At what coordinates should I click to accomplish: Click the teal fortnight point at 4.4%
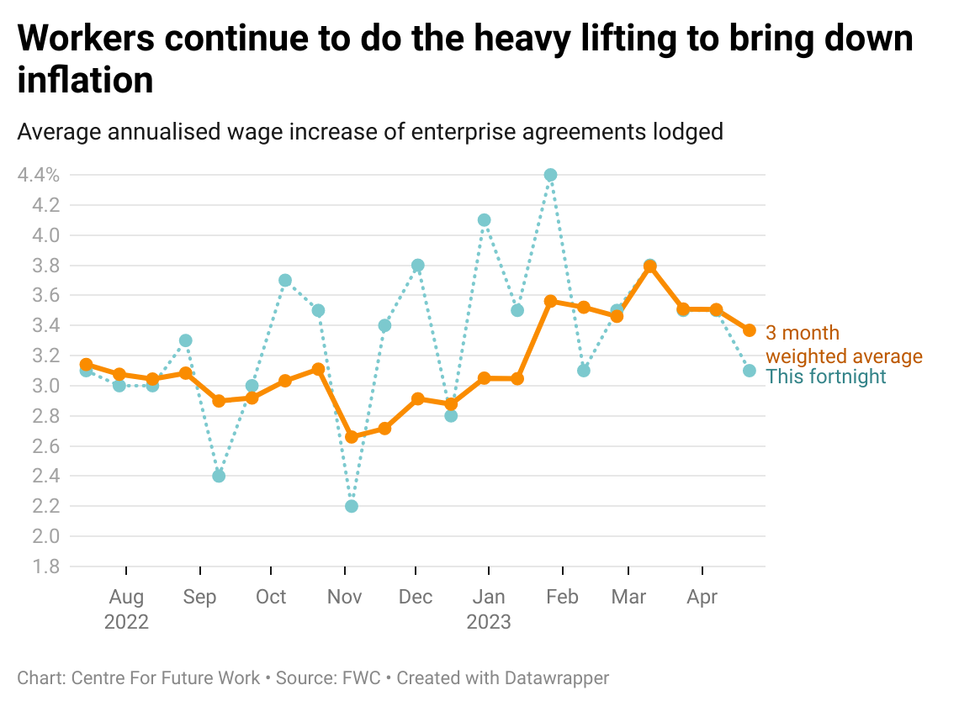click(550, 175)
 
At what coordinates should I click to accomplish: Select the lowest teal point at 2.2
click(352, 506)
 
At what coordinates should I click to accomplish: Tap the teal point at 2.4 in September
click(219, 476)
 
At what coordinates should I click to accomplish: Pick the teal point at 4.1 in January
click(484, 220)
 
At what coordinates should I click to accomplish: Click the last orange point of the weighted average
click(749, 330)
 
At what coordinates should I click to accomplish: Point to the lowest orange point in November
click(352, 437)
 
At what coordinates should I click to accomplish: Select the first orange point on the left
click(86, 365)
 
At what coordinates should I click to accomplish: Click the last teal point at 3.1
click(749, 371)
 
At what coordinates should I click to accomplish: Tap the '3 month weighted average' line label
click(843, 345)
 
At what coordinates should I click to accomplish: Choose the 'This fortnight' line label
click(826, 377)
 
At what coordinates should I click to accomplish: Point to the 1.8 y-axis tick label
click(45, 566)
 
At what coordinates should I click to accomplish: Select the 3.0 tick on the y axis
click(45, 386)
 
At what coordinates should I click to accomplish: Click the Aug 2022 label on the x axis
click(126, 609)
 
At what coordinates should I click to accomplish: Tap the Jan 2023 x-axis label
click(489, 609)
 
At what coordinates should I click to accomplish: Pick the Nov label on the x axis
click(344, 597)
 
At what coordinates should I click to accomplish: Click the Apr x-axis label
click(702, 597)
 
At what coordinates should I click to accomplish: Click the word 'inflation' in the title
click(85, 81)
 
